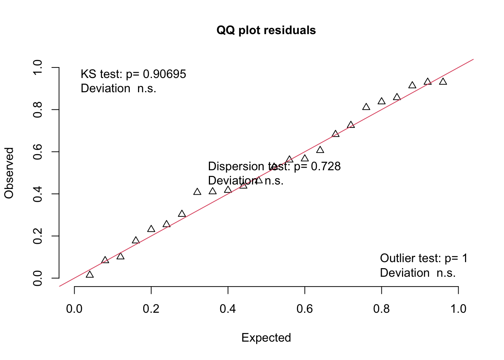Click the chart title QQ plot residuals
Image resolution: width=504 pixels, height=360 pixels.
point(266,30)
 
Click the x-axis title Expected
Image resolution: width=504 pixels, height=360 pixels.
point(266,337)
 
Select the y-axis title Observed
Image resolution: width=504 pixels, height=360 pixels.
point(9,173)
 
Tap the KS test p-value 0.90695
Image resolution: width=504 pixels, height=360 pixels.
point(165,74)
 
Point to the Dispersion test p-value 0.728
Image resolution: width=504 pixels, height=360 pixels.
point(326,166)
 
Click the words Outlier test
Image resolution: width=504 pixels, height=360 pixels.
point(410,258)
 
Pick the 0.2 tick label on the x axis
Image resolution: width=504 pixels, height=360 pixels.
point(151,309)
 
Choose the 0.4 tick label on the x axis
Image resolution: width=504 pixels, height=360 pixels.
point(228,309)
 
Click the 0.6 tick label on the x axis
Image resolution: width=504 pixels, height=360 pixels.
point(304,309)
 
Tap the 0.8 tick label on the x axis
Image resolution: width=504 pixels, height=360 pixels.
point(381,309)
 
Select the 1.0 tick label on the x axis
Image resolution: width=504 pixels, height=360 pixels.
point(458,309)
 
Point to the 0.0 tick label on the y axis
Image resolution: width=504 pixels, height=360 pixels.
point(37,278)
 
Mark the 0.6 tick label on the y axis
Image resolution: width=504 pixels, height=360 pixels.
point(37,152)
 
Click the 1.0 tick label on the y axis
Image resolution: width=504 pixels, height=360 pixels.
point(37,68)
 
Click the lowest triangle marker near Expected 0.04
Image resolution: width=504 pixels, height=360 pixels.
point(90,274)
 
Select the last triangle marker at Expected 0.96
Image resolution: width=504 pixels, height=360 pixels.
point(443,81)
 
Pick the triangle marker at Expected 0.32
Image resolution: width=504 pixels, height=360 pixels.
point(197,192)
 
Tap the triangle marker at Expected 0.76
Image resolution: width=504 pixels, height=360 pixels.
point(366,107)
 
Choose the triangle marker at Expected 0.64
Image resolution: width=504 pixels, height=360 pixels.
point(320,150)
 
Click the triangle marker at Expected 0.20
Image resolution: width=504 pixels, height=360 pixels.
point(151,229)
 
